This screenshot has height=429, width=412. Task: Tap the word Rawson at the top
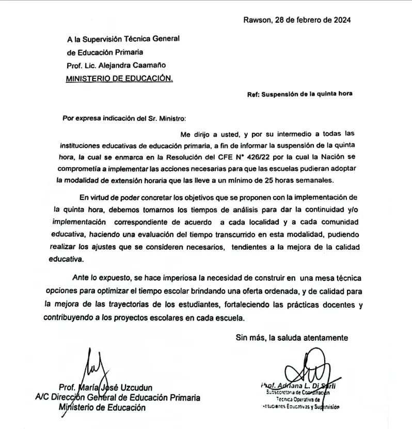click(x=256, y=20)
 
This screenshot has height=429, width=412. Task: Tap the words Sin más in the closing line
click(x=247, y=338)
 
